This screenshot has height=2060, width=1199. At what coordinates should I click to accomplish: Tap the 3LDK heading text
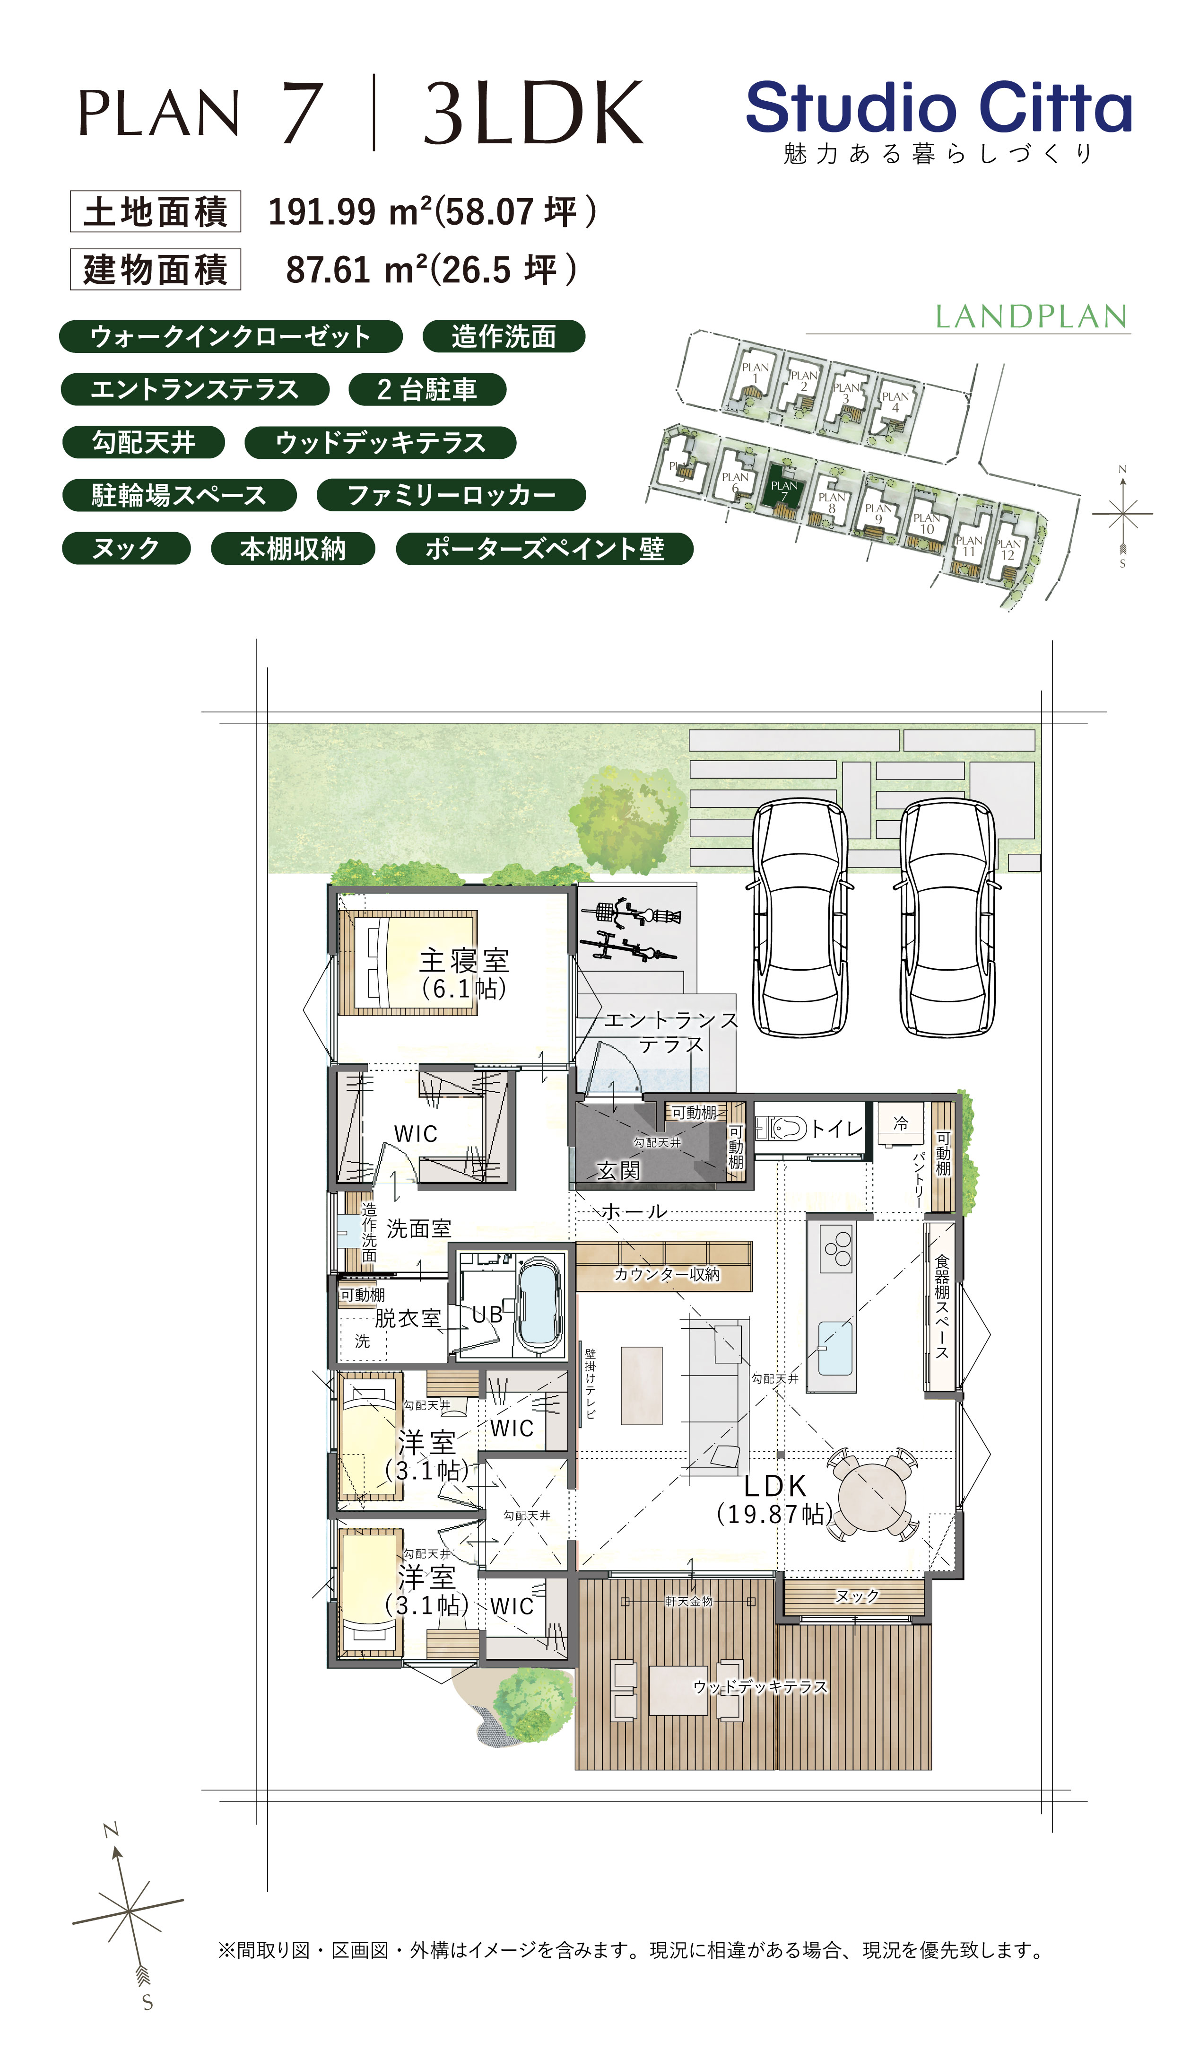[533, 113]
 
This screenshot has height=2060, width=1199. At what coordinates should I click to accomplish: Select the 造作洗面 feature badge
[504, 336]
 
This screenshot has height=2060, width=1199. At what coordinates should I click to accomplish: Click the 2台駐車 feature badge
[426, 389]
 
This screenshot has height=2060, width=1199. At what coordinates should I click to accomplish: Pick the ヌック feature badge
[126, 548]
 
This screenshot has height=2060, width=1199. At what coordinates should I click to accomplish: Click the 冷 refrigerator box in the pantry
[900, 1124]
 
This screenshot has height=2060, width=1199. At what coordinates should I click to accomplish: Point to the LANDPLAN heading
[1031, 316]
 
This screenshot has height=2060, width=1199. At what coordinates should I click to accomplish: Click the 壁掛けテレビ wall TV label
[590, 1384]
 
